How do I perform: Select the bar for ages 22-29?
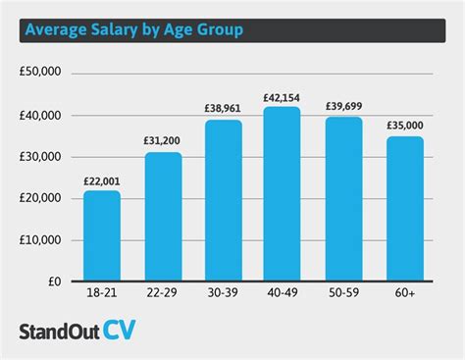[163, 217]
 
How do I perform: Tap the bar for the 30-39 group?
[224, 201]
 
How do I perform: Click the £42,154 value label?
[283, 97]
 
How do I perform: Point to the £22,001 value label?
[101, 180]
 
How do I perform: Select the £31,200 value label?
[163, 142]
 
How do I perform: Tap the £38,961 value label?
[224, 110]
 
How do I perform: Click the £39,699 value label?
[343, 107]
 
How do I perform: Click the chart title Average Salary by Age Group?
[133, 30]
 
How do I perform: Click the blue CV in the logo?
[117, 329]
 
